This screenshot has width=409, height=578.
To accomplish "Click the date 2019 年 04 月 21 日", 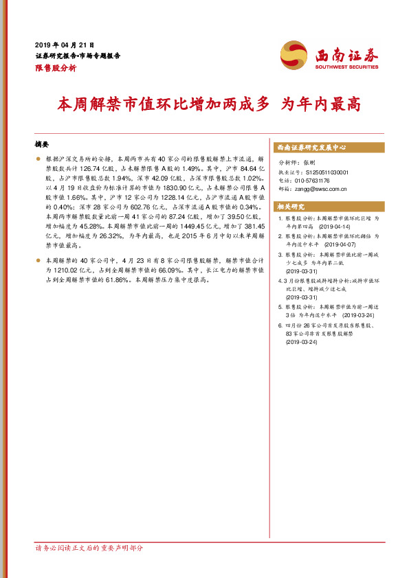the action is click(x=64, y=43).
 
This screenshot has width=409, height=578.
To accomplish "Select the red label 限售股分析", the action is click(x=56, y=69).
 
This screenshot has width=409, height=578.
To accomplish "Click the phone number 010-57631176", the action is click(x=313, y=181).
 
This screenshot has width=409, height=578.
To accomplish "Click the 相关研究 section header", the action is click(x=290, y=207).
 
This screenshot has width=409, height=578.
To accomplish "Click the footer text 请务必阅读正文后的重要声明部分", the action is click(x=89, y=548).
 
